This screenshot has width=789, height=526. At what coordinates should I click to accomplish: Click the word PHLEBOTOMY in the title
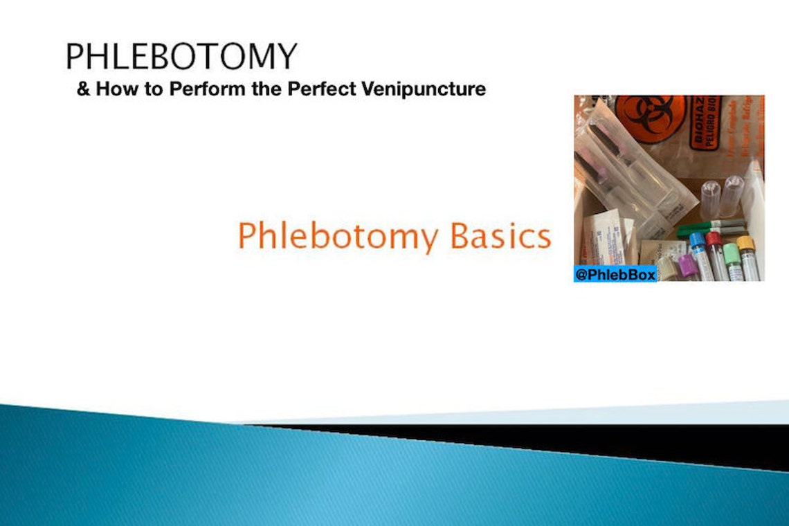tap(181, 56)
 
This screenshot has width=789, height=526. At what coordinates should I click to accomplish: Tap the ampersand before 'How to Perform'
tap(84, 89)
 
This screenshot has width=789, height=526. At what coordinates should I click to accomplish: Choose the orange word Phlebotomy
tap(338, 236)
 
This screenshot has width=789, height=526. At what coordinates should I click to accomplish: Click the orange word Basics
tap(500, 236)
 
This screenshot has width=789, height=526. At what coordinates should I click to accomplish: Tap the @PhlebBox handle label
tap(615, 275)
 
